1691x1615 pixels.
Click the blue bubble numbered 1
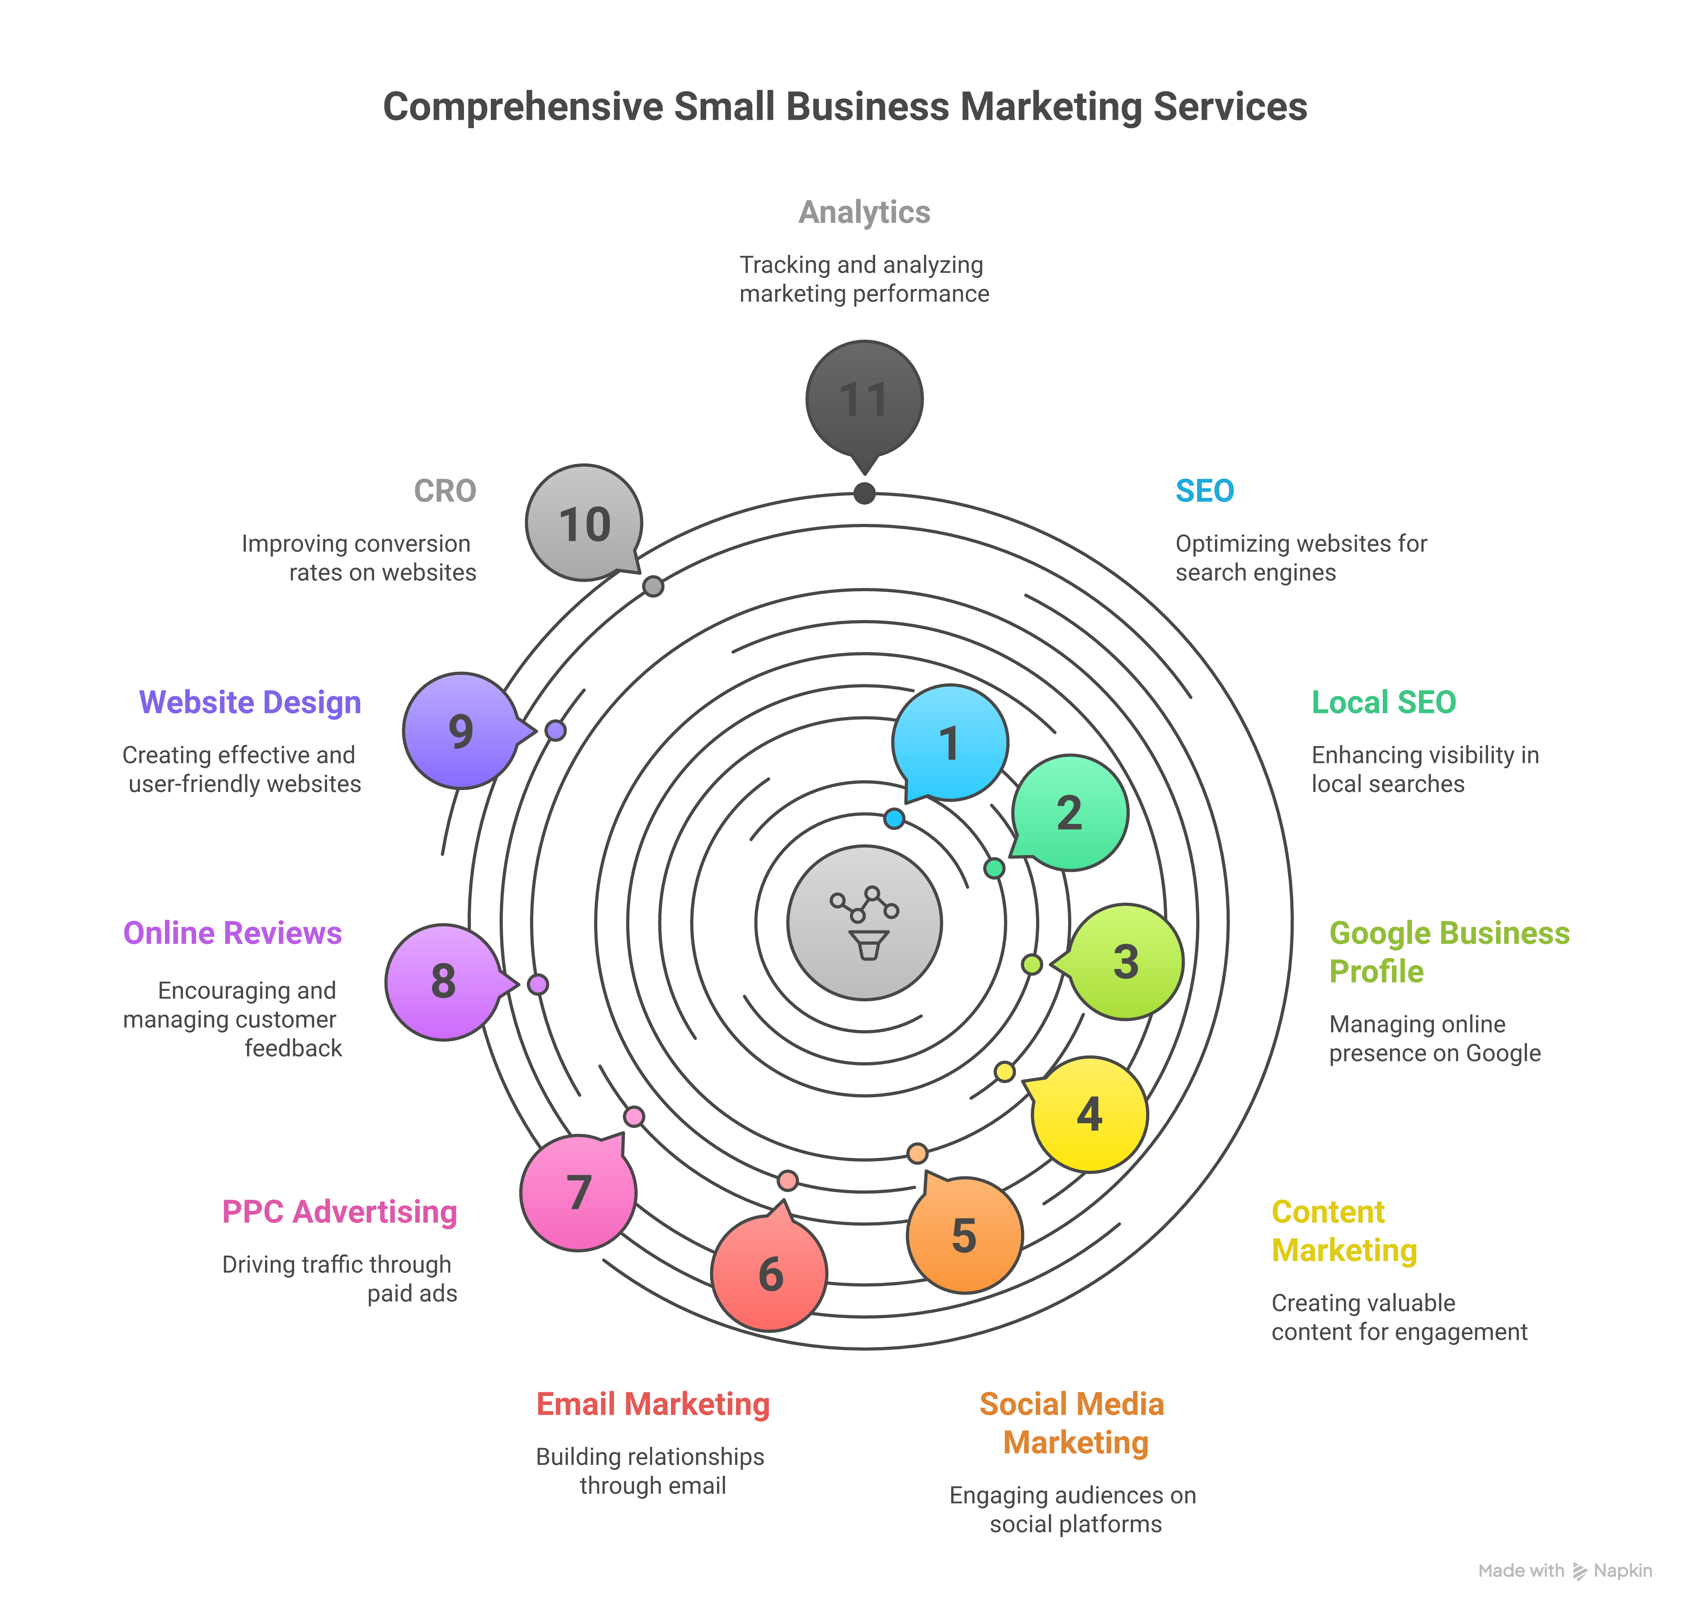[x=949, y=742]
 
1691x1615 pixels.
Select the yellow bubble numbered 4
[x=1089, y=1114]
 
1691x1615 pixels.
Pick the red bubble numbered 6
[x=769, y=1273]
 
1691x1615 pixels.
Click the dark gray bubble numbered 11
[x=864, y=399]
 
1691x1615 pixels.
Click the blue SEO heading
[x=1204, y=491]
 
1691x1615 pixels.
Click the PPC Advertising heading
[x=339, y=1211]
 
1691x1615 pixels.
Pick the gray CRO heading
[x=445, y=491]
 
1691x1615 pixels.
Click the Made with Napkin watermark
[x=1564, y=1570]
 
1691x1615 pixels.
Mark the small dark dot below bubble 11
[x=864, y=493]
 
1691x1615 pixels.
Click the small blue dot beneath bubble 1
[x=894, y=818]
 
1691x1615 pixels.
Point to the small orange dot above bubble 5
[x=917, y=1153]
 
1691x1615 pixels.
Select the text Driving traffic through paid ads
[x=339, y=1279]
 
